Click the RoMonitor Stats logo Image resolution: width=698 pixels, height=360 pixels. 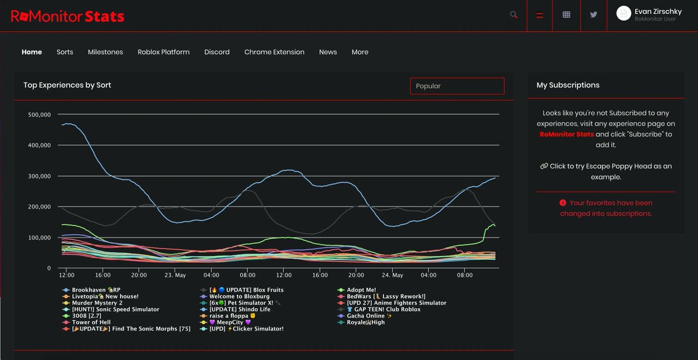(67, 16)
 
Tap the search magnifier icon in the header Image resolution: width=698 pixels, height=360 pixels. (514, 15)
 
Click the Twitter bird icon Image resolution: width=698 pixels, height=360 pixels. (593, 15)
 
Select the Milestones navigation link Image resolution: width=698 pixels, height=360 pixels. (105, 52)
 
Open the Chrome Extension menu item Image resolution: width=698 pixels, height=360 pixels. (274, 52)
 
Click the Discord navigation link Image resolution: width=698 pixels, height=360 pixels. (217, 52)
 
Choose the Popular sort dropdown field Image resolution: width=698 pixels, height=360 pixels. (457, 86)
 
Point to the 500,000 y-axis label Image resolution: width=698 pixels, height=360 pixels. (40, 115)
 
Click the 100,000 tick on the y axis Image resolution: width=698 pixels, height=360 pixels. (40, 238)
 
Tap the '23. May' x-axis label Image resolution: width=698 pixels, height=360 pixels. (175, 275)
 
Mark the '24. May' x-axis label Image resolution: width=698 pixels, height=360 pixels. (392, 275)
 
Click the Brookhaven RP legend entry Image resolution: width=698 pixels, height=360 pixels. (96, 290)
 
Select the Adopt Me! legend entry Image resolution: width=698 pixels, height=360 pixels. (361, 290)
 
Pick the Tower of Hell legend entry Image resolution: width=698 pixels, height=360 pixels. (91, 322)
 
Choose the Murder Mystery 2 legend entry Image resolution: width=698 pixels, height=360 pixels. (97, 303)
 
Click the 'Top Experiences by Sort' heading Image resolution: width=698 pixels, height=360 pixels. (67, 85)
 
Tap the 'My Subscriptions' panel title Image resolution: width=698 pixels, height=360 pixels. (568, 85)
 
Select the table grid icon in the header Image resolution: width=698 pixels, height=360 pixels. (567, 15)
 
